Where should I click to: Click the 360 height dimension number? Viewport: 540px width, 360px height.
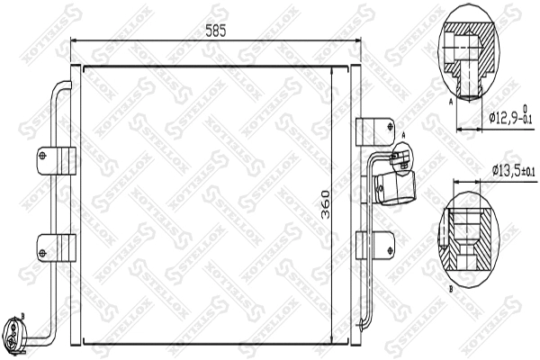[325, 206]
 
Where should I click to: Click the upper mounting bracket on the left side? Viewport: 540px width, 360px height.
[56, 158]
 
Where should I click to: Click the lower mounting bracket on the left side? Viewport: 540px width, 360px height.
[56, 247]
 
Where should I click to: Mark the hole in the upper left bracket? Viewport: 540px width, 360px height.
[43, 158]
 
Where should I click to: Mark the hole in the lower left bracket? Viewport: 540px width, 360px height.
[43, 247]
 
